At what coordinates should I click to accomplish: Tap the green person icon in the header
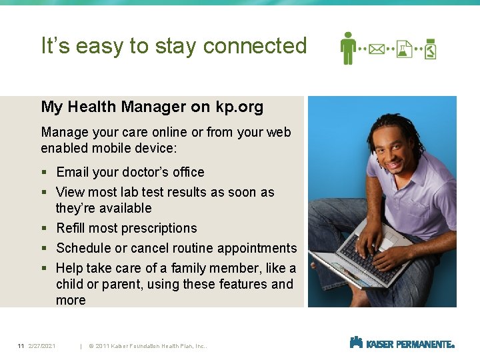(347, 48)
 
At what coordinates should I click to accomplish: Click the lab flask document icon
(404, 49)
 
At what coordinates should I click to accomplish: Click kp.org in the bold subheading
(239, 107)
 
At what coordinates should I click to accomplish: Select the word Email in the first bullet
(73, 172)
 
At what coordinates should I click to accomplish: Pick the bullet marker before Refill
(44, 229)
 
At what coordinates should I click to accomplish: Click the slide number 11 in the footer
(21, 346)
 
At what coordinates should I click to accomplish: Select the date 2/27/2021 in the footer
(42, 346)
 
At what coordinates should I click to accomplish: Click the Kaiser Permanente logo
(401, 343)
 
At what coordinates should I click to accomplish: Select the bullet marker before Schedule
(44, 249)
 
